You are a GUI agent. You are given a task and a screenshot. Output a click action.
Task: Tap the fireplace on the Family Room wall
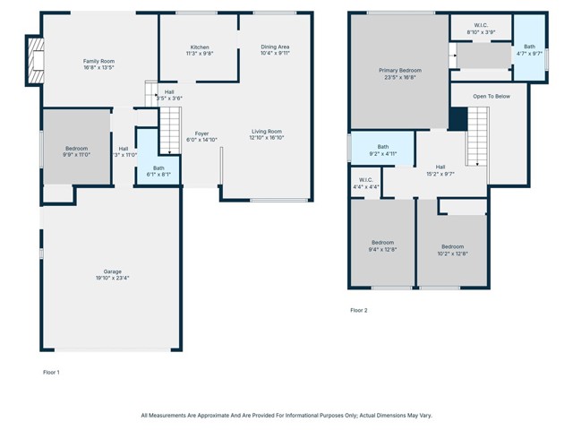[x=34, y=61]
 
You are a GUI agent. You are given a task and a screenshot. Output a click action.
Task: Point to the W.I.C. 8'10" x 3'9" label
[x=481, y=32]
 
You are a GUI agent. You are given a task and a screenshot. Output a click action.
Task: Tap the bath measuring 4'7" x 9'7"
[x=529, y=50]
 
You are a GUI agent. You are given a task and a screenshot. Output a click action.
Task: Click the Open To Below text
[x=492, y=95]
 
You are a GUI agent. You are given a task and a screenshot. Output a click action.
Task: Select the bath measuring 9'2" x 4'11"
[x=383, y=150]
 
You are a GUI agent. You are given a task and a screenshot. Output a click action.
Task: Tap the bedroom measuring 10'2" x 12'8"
[x=452, y=250]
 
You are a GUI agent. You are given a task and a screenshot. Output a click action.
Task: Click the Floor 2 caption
[x=358, y=310]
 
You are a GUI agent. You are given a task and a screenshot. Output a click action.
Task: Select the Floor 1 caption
[x=51, y=371]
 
